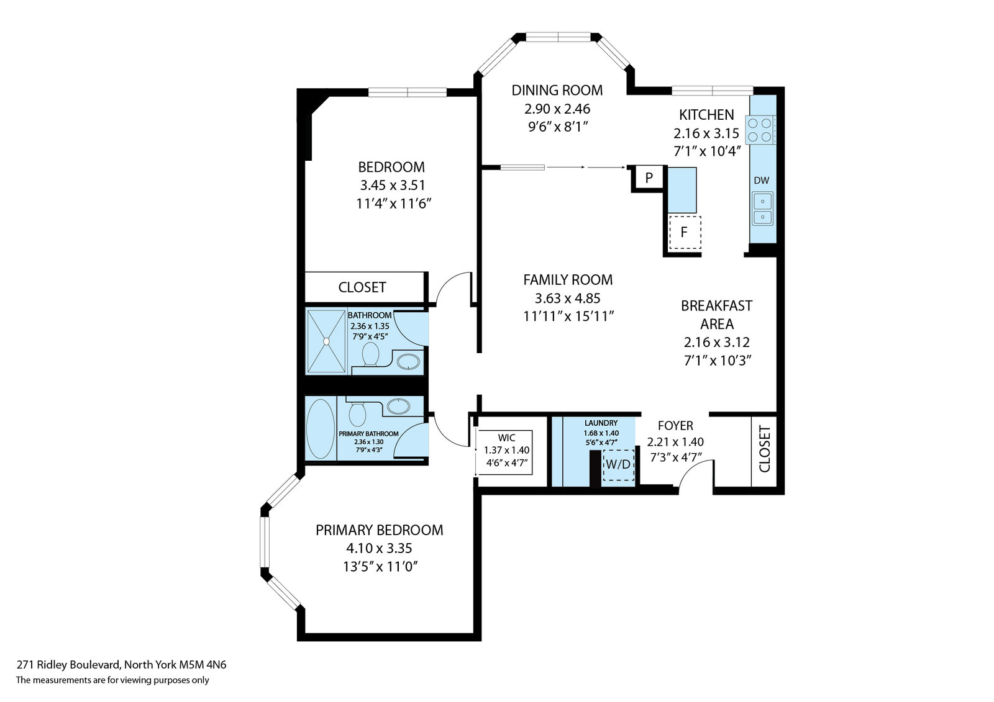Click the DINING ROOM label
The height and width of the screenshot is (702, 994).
pos(557,90)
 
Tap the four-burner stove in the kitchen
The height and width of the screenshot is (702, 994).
pos(760,130)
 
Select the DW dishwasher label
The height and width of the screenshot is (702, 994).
pos(762,181)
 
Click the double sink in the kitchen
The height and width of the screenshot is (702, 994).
pos(762,209)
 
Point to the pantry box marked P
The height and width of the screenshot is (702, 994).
pos(649,178)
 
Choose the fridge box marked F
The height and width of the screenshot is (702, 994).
pos(685,232)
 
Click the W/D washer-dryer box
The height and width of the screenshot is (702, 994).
pos(619,465)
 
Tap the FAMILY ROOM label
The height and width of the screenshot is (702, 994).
pos(568,280)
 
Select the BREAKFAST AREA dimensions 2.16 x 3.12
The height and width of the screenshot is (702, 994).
pos(717,343)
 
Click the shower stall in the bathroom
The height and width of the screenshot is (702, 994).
pos(326,341)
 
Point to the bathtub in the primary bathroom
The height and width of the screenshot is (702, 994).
pos(321,429)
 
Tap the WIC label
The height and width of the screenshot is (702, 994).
pos(506,438)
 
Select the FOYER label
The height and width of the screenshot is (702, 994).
pos(675,426)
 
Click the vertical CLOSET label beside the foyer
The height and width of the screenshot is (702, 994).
pos(765,449)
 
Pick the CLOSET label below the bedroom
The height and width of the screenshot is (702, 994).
pos(362,287)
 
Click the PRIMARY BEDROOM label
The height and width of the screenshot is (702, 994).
pos(380,530)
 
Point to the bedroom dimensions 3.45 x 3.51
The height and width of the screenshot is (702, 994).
pos(393,185)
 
